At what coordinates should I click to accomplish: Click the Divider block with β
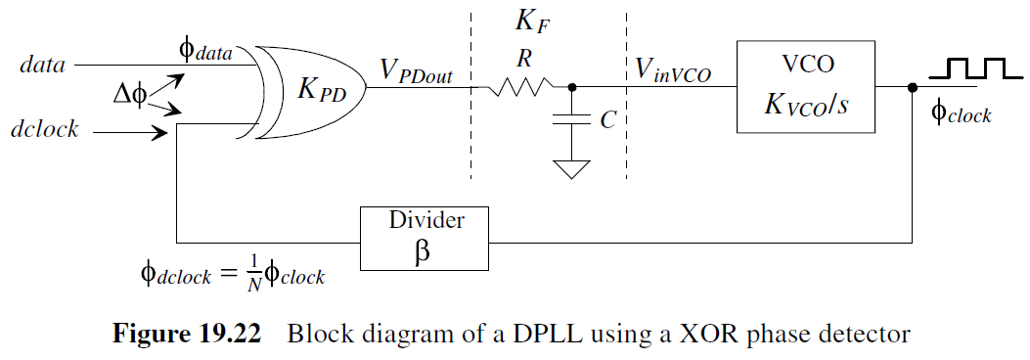click(424, 238)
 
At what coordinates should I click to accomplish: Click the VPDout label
click(416, 69)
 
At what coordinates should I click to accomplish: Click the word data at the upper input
click(42, 65)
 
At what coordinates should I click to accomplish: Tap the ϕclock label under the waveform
click(961, 114)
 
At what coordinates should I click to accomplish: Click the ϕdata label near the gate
click(205, 51)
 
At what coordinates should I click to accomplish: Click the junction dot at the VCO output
click(913, 87)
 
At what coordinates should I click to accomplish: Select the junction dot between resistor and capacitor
click(572, 87)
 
